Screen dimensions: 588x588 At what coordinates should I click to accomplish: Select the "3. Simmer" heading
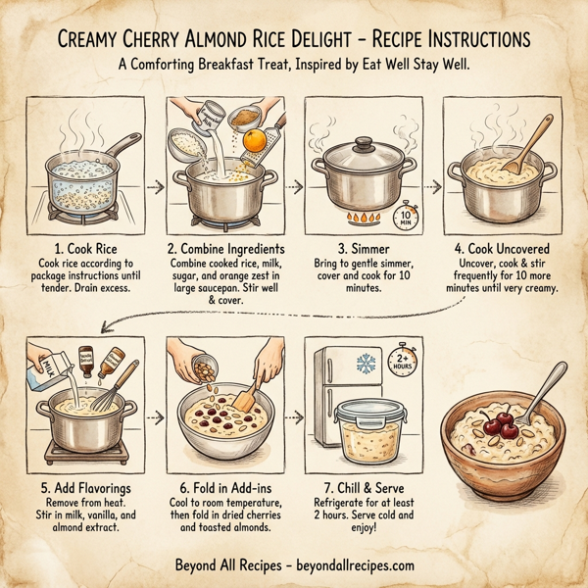coord(365,250)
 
